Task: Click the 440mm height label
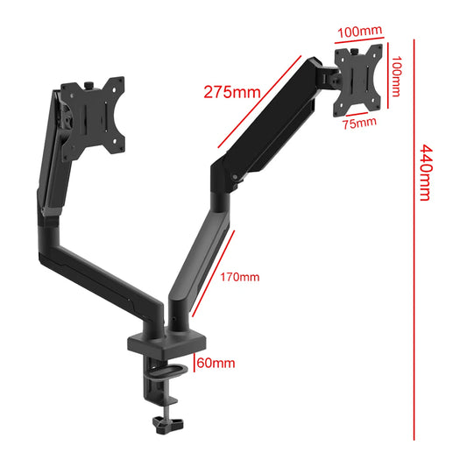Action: coord(425,173)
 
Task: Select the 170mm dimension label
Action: coord(239,278)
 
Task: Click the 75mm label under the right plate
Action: coord(359,122)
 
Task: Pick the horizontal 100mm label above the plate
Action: coord(358,32)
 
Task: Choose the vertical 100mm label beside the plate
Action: coord(396,76)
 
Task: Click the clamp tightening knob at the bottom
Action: coord(162,424)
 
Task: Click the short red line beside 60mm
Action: coord(195,363)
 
